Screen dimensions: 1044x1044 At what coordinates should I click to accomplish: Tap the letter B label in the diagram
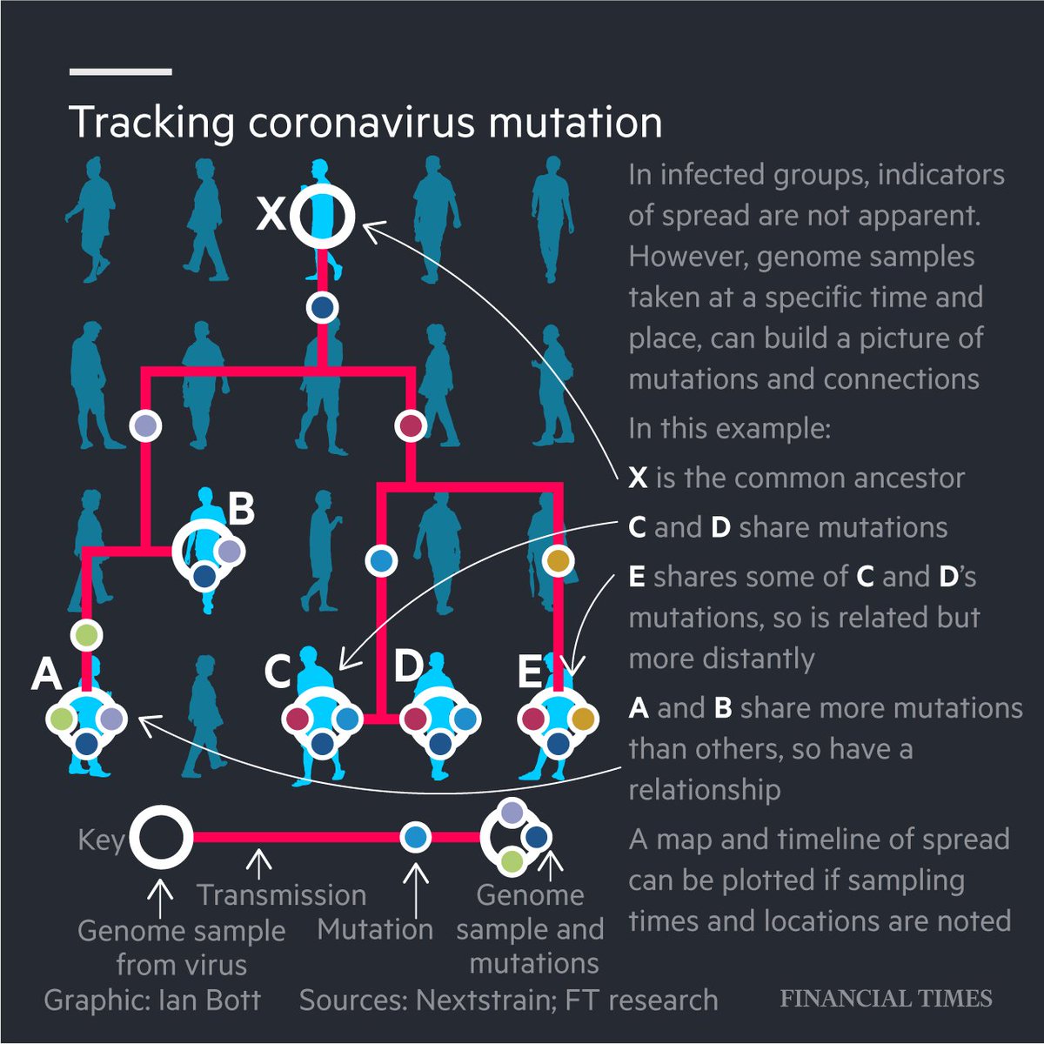[241, 509]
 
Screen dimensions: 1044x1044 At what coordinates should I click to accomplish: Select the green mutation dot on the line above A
[86, 635]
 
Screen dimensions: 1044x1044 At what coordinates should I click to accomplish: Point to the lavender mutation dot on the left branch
[145, 425]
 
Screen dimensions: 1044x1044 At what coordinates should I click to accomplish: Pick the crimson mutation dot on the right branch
[410, 426]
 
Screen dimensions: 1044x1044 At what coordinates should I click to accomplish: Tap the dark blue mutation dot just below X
[323, 307]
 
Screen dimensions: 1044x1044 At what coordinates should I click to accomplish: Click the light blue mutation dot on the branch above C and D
[380, 560]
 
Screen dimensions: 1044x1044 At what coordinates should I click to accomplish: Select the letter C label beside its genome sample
[278, 672]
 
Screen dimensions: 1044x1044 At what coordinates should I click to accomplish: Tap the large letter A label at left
[46, 674]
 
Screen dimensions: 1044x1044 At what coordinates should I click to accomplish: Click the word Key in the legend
[101, 840]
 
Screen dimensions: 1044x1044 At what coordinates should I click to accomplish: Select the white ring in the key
[161, 838]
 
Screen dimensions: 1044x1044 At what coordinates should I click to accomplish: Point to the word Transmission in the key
[281, 894]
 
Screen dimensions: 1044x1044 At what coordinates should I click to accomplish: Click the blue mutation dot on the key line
[416, 838]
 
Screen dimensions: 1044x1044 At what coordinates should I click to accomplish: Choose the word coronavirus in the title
[361, 122]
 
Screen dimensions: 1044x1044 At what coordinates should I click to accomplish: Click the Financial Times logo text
[886, 998]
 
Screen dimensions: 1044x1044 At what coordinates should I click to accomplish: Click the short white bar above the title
[121, 71]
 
